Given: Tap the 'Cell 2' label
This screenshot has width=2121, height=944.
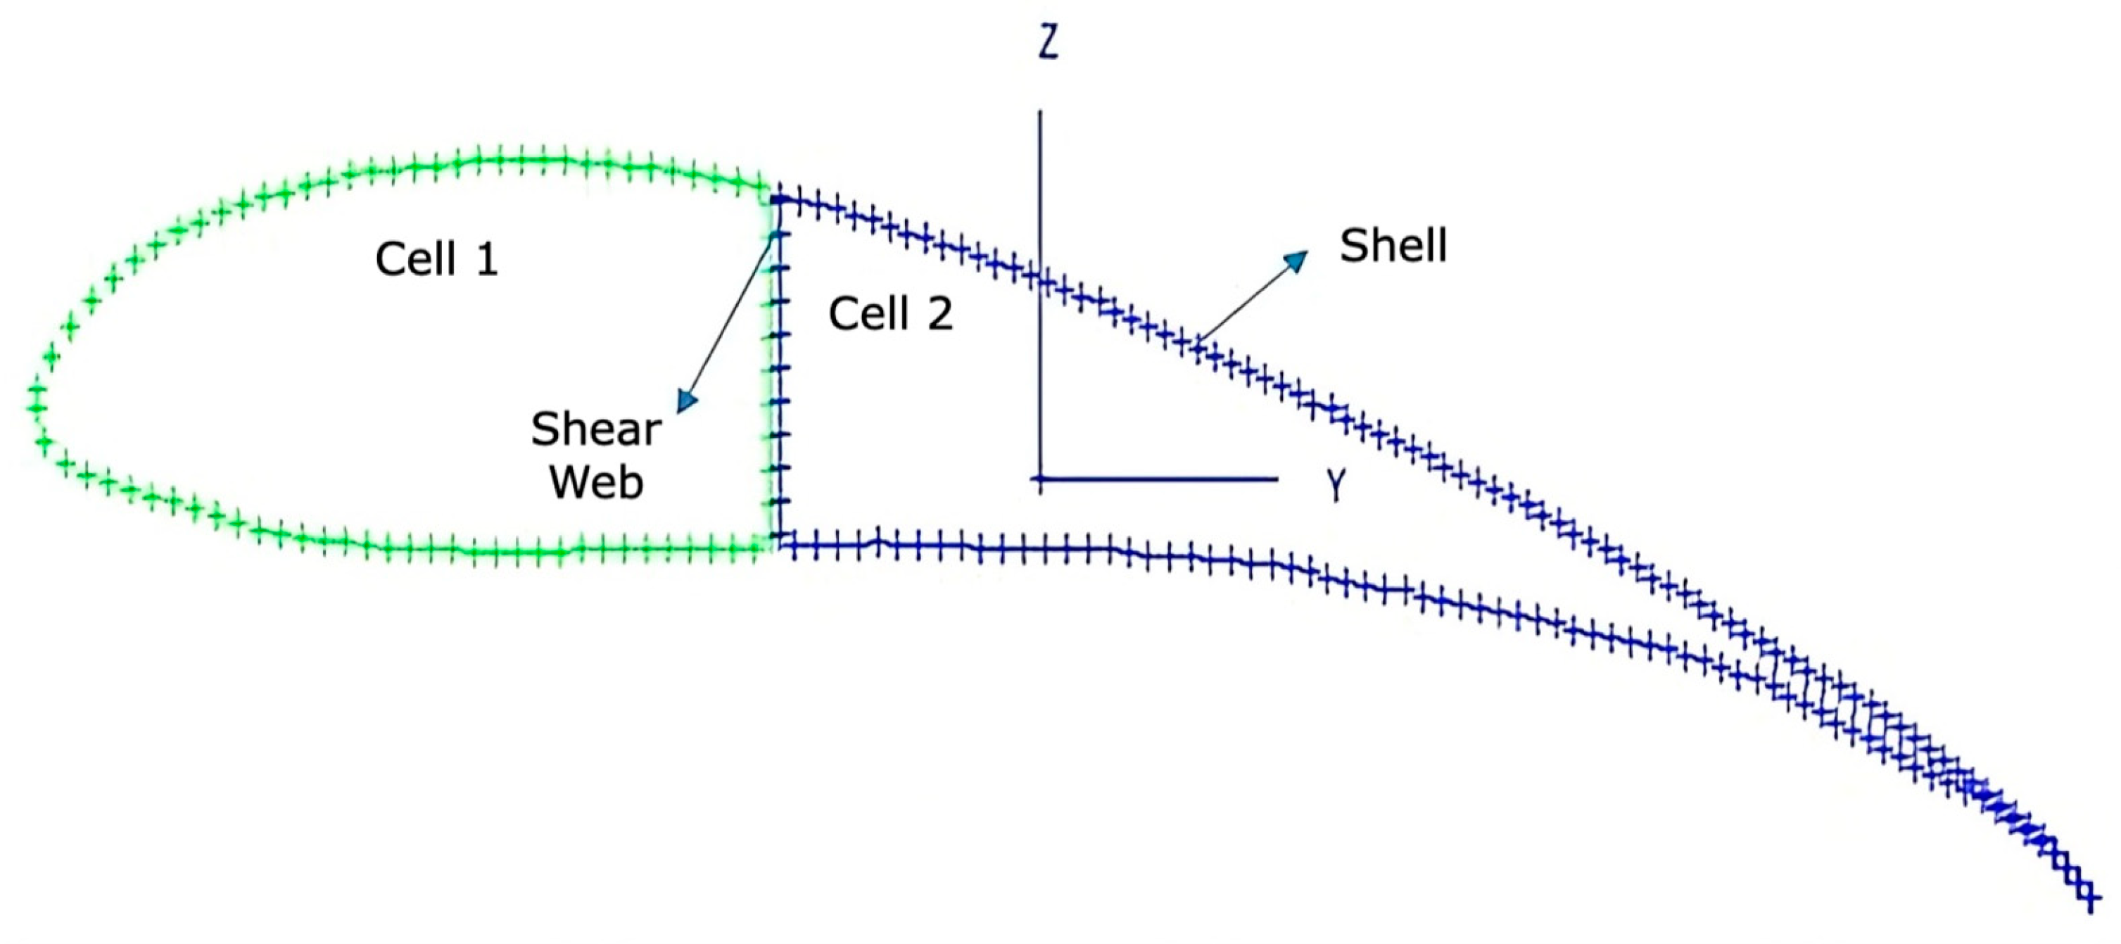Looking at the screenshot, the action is (890, 314).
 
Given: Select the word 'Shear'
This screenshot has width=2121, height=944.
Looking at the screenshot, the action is (596, 429).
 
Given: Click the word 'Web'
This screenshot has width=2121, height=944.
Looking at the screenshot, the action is (596, 482).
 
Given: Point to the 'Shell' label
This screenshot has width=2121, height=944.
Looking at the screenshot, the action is (1393, 246).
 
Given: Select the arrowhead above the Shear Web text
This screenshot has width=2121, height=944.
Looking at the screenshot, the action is (686, 401).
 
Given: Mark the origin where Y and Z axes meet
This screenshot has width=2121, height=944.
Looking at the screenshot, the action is (1040, 479).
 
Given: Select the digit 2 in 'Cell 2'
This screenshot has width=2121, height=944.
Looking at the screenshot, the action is (940, 314).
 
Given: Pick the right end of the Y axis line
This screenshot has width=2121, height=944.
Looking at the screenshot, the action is (1277, 479).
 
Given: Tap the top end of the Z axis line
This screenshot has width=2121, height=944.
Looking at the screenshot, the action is (1040, 111).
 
